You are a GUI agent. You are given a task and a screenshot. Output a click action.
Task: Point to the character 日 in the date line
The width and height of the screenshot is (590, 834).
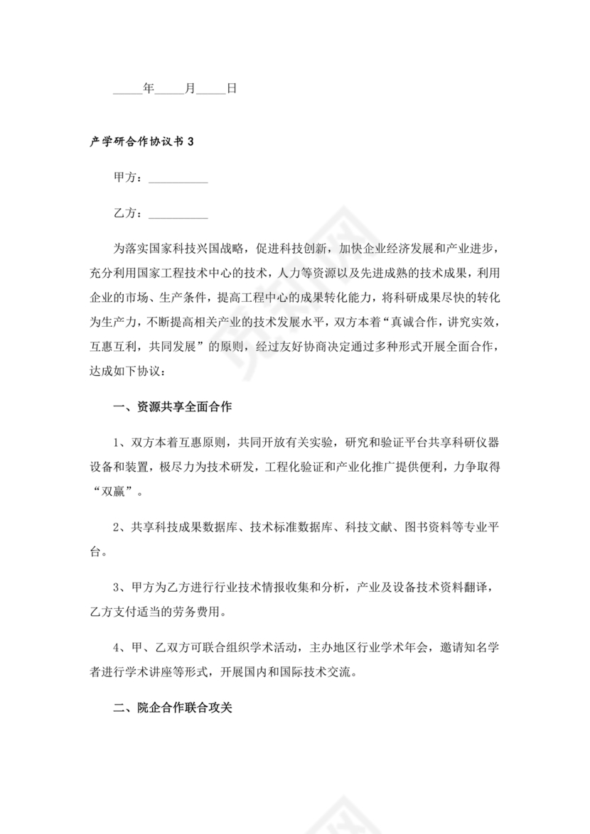(231, 89)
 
